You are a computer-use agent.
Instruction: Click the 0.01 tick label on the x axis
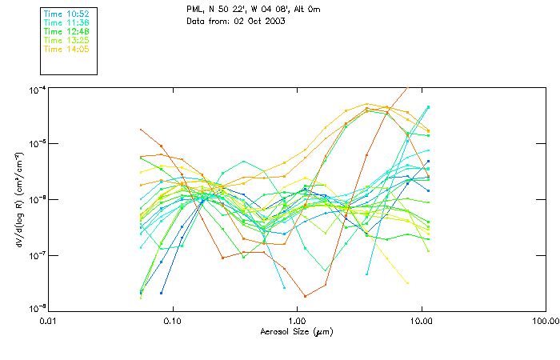coord(49,320)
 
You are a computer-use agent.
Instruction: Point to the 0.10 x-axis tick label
coord(173,320)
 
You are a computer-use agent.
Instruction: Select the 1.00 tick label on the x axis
coord(297,320)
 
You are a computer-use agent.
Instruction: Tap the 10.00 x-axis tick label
coord(421,320)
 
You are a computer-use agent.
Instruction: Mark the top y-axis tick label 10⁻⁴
coord(36,90)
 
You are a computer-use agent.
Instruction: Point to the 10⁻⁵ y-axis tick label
coord(36,145)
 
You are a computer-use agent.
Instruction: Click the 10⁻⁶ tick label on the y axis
coord(36,200)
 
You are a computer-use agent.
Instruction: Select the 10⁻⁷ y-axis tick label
coord(36,255)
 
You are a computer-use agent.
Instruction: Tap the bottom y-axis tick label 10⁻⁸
coord(36,309)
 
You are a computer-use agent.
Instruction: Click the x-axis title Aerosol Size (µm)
coord(297,331)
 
